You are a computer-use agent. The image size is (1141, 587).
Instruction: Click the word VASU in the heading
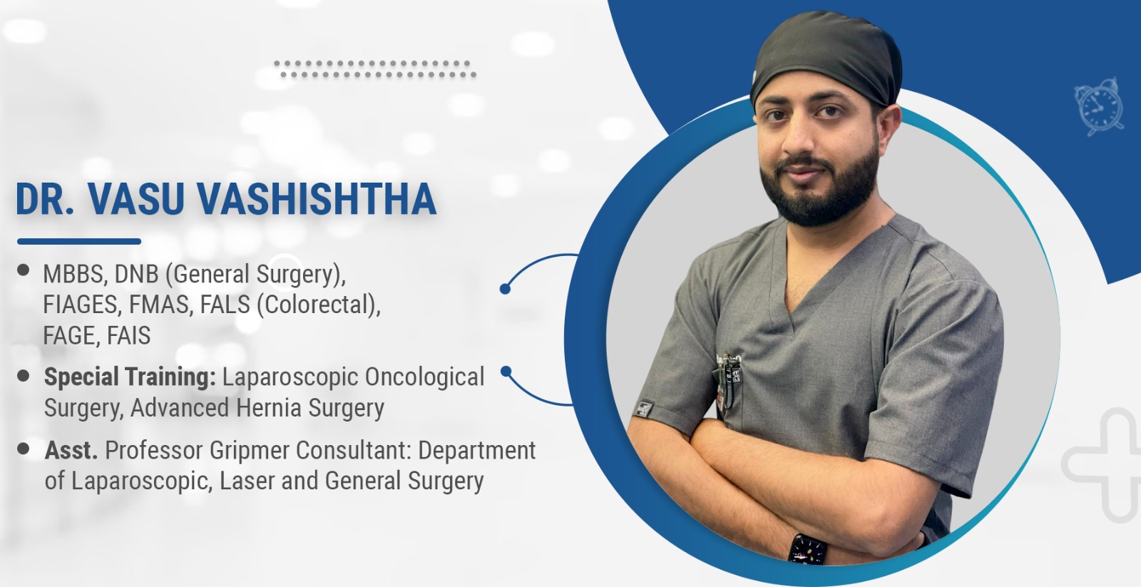pyautogui.click(x=136, y=199)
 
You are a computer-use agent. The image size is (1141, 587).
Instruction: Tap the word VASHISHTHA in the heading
pyautogui.click(x=317, y=199)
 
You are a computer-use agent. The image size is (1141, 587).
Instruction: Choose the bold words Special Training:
pyautogui.click(x=130, y=377)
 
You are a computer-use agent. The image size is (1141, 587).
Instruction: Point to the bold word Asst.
pyautogui.click(x=71, y=451)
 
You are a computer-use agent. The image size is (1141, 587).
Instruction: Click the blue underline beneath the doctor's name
pyautogui.click(x=79, y=242)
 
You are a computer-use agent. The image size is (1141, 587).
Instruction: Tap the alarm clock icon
pyautogui.click(x=1099, y=107)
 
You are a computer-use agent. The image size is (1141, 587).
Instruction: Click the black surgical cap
pyautogui.click(x=826, y=58)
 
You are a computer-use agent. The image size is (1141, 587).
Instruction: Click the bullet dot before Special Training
pyautogui.click(x=23, y=376)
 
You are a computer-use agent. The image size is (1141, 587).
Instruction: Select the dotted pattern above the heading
pyautogui.click(x=375, y=68)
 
